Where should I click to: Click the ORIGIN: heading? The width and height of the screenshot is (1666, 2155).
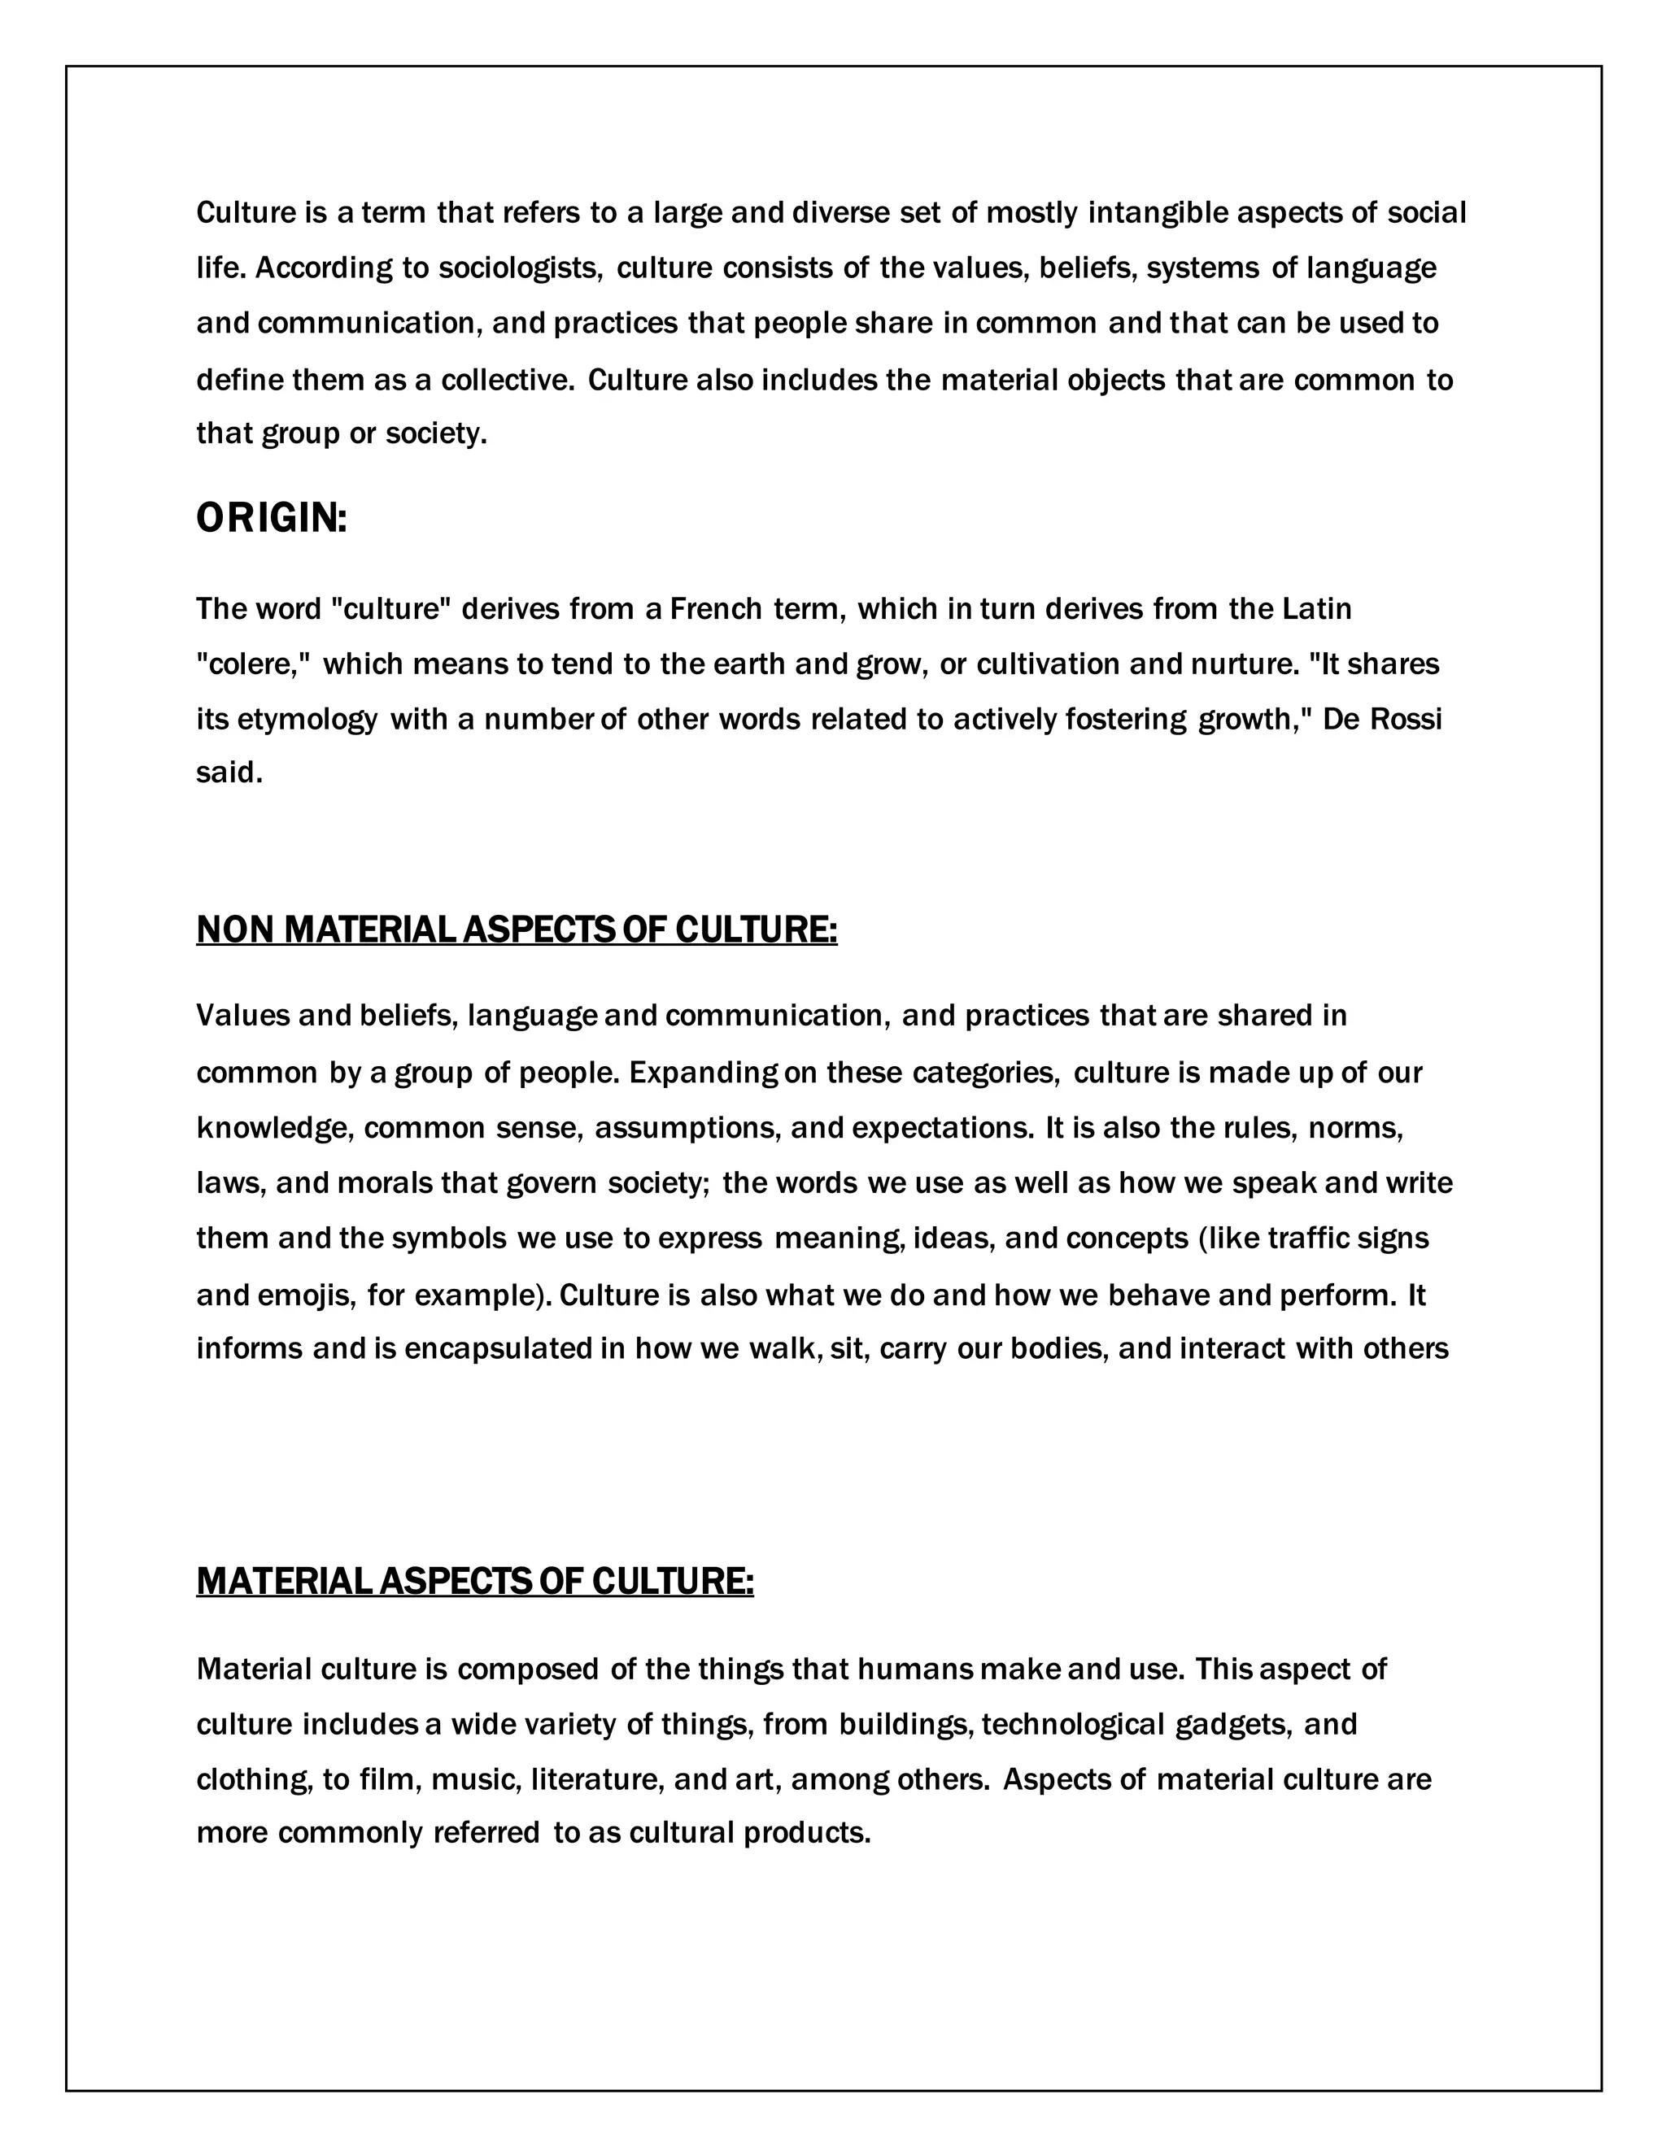(x=272, y=519)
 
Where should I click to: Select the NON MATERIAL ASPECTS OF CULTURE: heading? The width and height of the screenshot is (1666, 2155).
(x=517, y=929)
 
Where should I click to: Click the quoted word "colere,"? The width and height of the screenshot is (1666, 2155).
(x=254, y=664)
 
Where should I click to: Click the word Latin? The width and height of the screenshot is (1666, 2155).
(x=1317, y=609)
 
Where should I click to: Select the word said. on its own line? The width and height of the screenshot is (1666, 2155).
(x=229, y=773)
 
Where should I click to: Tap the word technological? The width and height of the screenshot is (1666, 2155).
(x=1073, y=1725)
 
